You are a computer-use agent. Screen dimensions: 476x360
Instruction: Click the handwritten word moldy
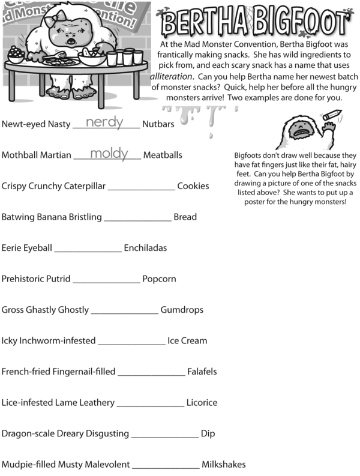coord(109,153)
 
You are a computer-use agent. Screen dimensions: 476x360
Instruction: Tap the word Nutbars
coord(158,124)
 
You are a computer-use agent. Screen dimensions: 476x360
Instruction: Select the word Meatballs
coord(163,155)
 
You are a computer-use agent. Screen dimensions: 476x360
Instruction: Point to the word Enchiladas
coord(145,248)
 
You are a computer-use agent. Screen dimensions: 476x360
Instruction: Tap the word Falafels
coord(202,372)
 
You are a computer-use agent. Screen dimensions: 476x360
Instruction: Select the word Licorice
coord(202,403)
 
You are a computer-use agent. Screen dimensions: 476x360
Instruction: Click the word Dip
coord(208,433)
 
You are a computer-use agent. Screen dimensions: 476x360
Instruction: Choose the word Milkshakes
coord(223,465)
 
